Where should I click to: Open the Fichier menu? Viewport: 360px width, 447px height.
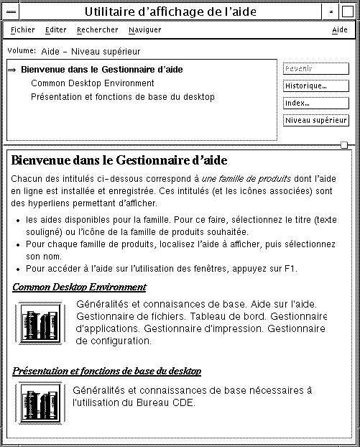point(23,30)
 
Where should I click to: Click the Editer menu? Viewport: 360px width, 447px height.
point(55,30)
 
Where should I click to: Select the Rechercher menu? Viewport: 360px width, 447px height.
point(97,30)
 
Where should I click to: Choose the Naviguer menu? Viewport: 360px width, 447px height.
point(144,30)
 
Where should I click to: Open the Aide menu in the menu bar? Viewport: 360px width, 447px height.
point(339,30)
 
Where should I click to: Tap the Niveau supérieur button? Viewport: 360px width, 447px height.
point(316,121)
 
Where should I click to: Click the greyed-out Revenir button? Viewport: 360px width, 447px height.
point(316,69)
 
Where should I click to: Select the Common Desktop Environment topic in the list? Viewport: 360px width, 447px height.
point(92,83)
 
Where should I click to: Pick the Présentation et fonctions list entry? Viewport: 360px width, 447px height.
point(122,97)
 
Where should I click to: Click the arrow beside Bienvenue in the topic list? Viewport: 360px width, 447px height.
point(12,70)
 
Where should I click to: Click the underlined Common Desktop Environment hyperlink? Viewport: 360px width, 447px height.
point(79,287)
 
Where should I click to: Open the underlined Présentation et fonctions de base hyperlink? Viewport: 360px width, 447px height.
point(106,372)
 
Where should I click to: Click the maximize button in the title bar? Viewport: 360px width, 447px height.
point(347,11)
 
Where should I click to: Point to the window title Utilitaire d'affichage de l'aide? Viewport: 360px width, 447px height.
point(170,11)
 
